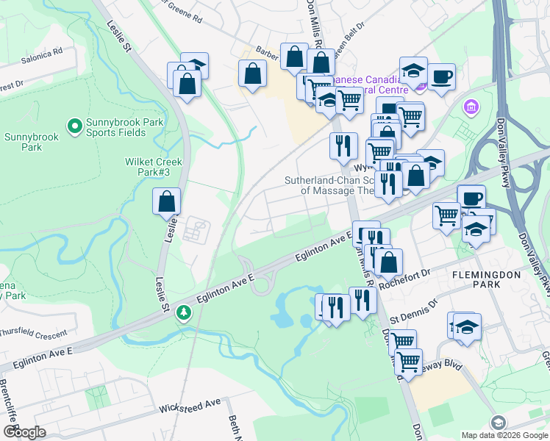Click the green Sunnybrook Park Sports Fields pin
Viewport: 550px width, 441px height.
74,127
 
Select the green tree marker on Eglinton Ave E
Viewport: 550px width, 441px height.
183,314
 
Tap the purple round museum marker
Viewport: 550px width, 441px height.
471,108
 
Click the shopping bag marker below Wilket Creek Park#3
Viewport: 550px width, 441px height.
167,201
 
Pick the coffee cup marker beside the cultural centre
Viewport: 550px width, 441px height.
441,76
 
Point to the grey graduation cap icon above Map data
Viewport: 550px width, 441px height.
498,422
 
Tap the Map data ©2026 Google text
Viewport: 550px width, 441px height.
504,435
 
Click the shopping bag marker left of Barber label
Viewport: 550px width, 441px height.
252,73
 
